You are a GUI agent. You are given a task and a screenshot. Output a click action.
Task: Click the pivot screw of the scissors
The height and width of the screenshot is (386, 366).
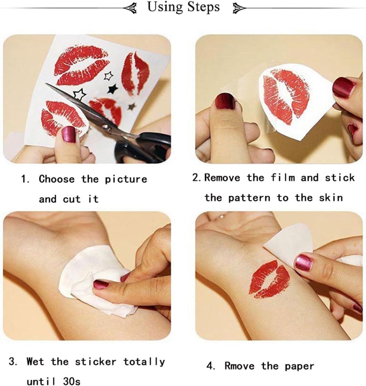pos(105,126)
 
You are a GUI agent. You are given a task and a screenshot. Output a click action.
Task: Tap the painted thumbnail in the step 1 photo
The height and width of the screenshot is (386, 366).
pos(68,134)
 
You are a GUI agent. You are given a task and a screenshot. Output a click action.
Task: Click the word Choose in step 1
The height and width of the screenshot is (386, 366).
pos(57,179)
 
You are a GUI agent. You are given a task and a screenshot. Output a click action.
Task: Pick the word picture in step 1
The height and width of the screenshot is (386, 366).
pos(126,179)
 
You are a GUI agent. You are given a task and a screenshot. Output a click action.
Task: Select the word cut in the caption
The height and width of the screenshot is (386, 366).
pos(72,199)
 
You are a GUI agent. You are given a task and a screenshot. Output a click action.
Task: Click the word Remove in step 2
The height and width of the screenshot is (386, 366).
pos(222,178)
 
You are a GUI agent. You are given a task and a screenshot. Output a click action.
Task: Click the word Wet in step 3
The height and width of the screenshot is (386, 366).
pos(35,361)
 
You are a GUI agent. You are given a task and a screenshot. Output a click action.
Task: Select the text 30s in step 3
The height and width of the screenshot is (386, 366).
pos(72,381)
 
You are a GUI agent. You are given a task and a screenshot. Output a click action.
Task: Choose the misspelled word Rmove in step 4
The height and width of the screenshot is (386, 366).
pos(239,366)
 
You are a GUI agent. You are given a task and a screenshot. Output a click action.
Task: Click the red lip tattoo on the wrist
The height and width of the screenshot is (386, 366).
pos(269,279)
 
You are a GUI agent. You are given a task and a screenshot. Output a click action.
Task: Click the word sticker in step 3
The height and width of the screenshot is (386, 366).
pos(96,362)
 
